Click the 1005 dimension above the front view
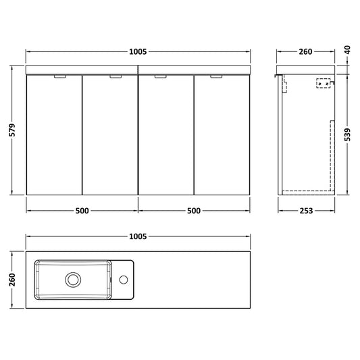coord(138,51)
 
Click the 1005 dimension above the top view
coord(138,236)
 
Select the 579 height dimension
coord(12,130)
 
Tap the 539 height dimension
coord(348,134)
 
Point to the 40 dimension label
coord(348,50)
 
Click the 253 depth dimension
coord(306,211)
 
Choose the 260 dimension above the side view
coord(305,51)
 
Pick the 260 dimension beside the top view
coord(12,280)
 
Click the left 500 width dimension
coord(82,211)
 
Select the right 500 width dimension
coord(194,211)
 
